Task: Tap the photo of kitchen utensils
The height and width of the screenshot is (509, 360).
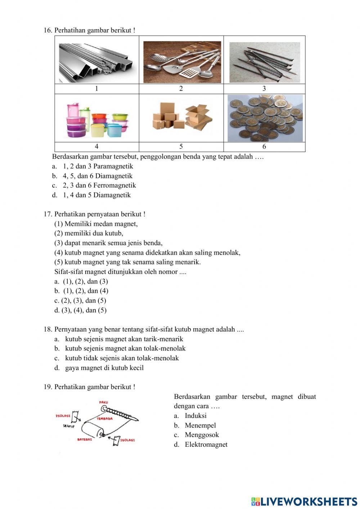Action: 182,62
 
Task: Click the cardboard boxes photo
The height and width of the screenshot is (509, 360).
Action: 182,117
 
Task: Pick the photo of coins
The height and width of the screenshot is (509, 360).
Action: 265,118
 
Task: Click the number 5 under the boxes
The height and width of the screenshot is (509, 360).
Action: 181,146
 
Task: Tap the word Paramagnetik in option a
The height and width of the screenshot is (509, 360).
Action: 113,166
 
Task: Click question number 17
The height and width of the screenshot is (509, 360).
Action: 48,214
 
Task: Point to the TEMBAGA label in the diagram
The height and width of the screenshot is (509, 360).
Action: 104,419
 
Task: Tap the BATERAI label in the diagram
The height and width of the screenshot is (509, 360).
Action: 85,439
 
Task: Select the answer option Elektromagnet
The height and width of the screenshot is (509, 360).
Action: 206,445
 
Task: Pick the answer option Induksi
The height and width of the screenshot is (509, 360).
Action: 195,416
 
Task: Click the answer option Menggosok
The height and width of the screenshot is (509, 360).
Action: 202,435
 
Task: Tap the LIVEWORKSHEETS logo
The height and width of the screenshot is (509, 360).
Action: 304,501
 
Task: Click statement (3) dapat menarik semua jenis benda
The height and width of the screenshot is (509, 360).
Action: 108,243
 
